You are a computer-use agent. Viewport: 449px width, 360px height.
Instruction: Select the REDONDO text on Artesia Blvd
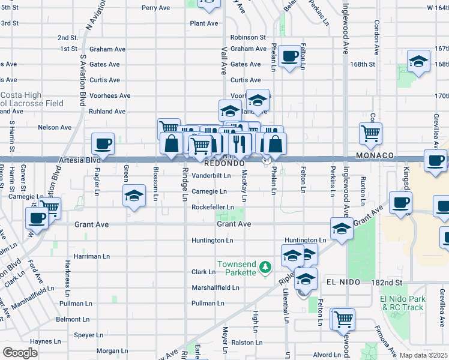point(224,163)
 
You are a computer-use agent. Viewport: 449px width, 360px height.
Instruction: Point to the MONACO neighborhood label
point(373,155)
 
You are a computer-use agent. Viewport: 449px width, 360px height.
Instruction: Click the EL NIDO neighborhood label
point(343,281)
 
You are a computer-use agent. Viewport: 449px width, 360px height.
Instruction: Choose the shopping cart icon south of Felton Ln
point(343,319)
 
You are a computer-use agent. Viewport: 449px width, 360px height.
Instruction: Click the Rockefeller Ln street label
point(212,208)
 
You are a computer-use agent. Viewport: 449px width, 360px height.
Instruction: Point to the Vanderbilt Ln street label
point(211,176)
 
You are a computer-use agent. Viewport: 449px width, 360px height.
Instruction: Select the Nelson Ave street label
point(55,127)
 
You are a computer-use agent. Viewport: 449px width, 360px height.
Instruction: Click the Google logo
point(20,352)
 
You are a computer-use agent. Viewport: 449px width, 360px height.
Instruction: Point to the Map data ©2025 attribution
point(423,355)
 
